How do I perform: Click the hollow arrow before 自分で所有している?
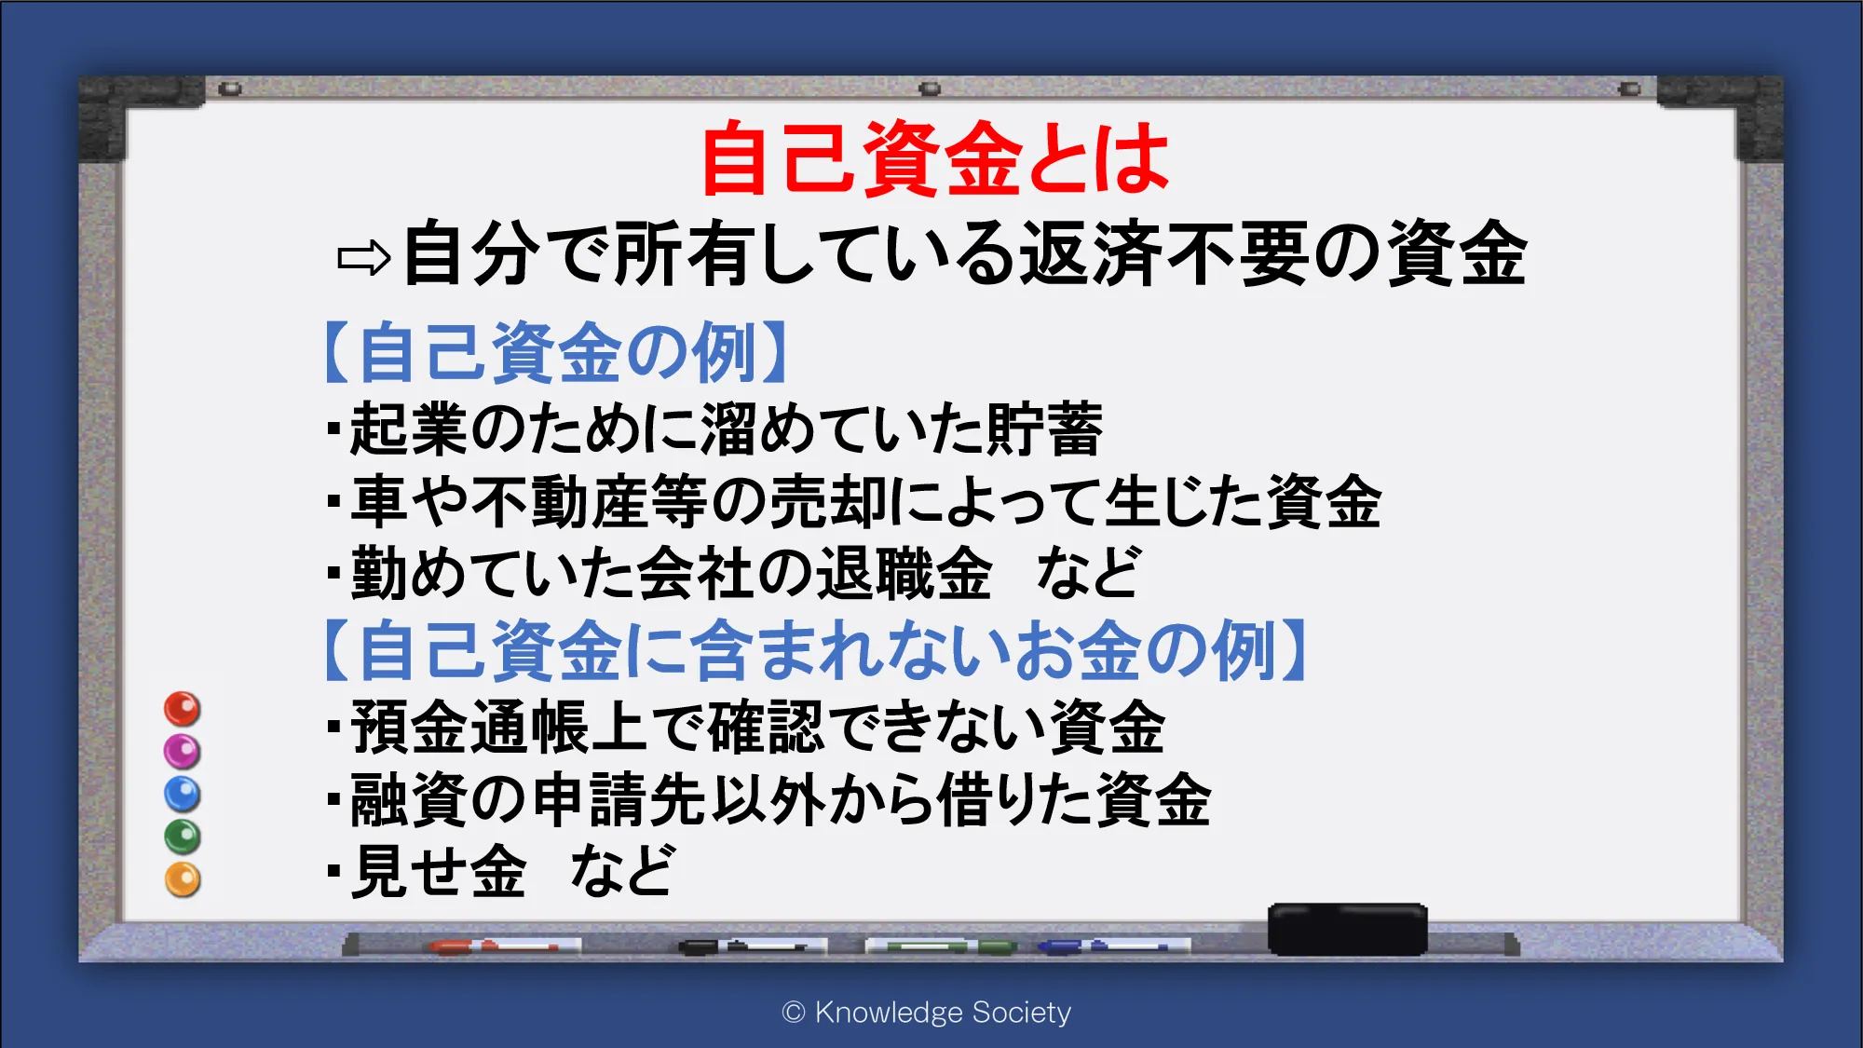(363, 258)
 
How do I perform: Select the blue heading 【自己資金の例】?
(555, 352)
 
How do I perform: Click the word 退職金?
(904, 573)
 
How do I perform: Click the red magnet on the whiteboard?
(182, 709)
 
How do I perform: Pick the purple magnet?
(182, 751)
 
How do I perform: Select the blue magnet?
(182, 794)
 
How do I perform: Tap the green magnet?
(182, 837)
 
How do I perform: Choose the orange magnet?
(182, 879)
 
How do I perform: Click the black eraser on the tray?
(1347, 929)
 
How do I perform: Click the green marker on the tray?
(941, 946)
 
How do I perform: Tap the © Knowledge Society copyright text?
(927, 1013)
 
